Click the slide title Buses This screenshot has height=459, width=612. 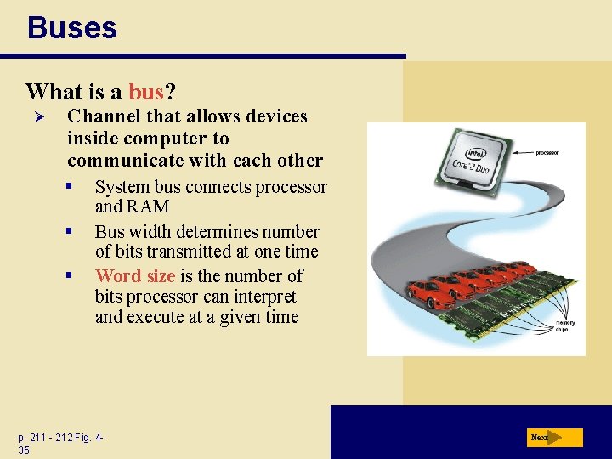[71, 27]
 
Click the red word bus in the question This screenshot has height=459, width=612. [145, 91]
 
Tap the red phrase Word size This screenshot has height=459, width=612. [135, 276]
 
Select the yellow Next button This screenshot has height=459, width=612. [554, 438]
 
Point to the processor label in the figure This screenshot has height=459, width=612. [547, 153]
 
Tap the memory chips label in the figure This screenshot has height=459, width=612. [565, 326]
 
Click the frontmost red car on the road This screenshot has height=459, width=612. [432, 293]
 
